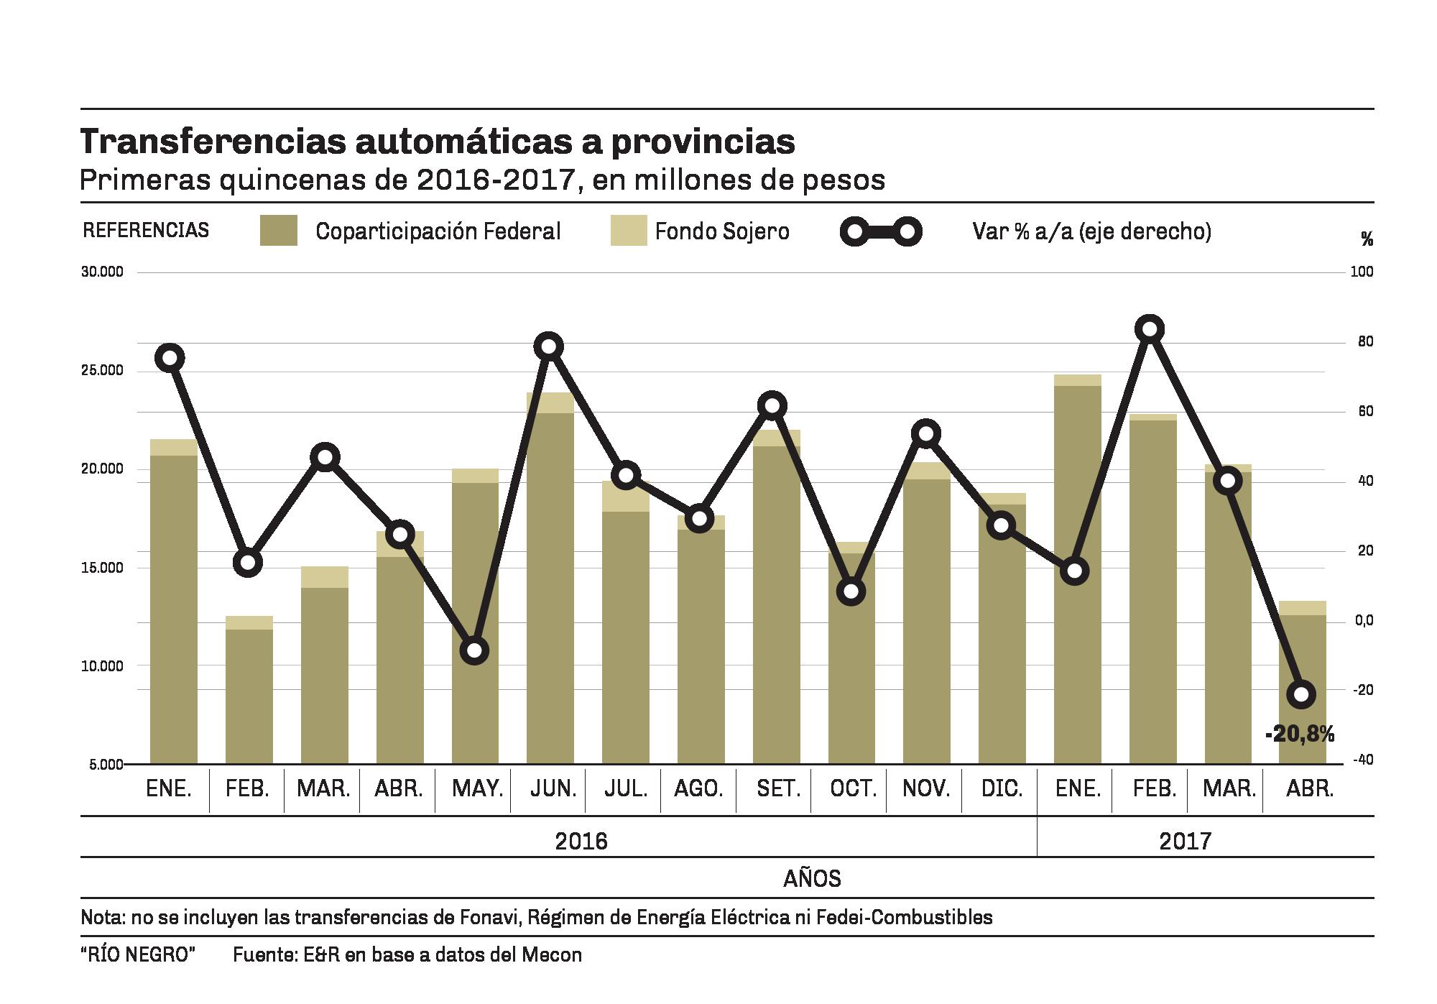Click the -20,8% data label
pyautogui.click(x=1300, y=734)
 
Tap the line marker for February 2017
pyautogui.click(x=1150, y=329)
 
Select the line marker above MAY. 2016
pyautogui.click(x=474, y=651)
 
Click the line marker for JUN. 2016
pyautogui.click(x=549, y=346)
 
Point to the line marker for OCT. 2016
pyautogui.click(x=851, y=591)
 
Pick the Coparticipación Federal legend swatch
pyautogui.click(x=279, y=231)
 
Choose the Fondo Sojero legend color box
pyautogui.click(x=629, y=231)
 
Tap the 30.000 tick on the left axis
pyautogui.click(x=103, y=272)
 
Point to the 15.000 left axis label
pyautogui.click(x=103, y=568)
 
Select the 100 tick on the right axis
pyautogui.click(x=1364, y=272)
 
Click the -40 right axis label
pyautogui.click(x=1364, y=760)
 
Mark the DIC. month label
pyautogui.click(x=1002, y=788)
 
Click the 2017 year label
pyautogui.click(x=1185, y=841)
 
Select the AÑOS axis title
pyautogui.click(x=812, y=878)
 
